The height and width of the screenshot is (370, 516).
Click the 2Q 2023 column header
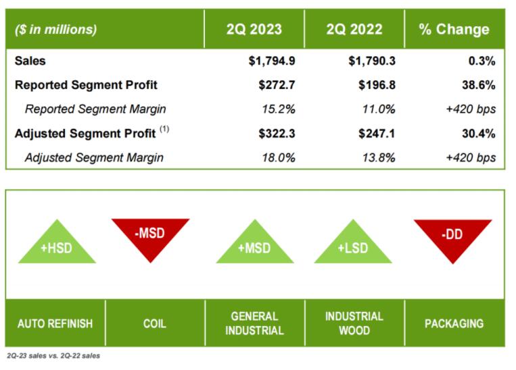254,29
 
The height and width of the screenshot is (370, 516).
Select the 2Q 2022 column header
354,29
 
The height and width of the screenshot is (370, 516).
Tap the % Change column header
454,29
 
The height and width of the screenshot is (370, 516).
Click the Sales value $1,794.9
271,61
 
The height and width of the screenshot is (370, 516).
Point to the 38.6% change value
478,85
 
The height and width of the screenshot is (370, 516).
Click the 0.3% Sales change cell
482,61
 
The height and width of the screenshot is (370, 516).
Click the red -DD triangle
453,233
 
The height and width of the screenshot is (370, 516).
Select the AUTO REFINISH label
55,323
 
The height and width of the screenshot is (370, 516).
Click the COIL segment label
155,323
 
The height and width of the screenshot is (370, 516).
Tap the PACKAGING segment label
454,323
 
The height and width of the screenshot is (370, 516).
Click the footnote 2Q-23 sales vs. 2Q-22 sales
52,356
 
